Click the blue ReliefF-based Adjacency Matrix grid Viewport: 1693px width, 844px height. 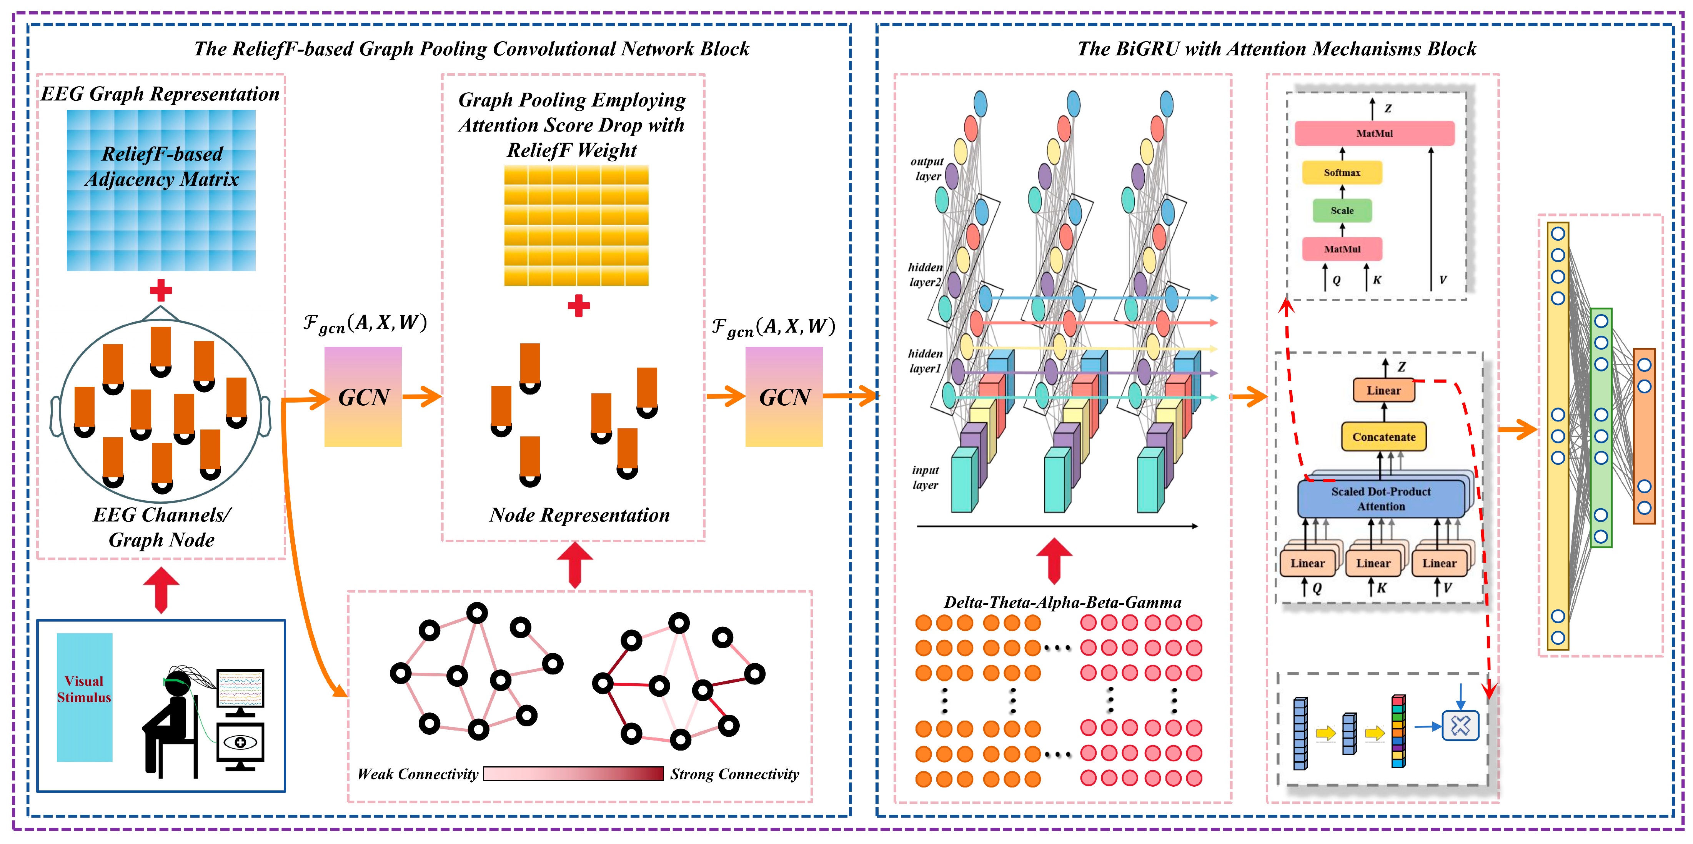[x=161, y=191]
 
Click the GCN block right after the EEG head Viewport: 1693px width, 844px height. [x=363, y=397]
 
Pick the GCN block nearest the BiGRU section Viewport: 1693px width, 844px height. [x=783, y=397]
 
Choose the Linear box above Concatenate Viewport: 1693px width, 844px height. [x=1383, y=390]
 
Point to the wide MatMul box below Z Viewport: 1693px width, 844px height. [x=1374, y=133]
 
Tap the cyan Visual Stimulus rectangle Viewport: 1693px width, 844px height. [x=84, y=697]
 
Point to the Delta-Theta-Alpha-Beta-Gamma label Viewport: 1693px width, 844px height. [x=1062, y=602]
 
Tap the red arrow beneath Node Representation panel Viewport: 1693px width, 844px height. [x=575, y=564]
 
